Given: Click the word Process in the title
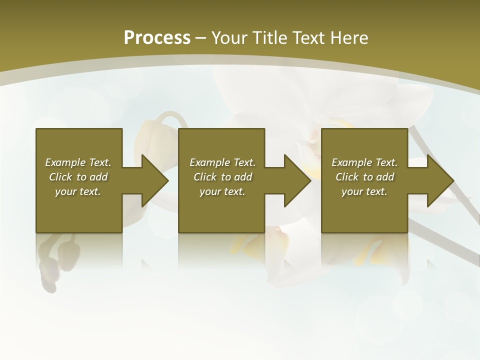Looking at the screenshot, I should (157, 38).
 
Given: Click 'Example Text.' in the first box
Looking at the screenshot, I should (78, 162).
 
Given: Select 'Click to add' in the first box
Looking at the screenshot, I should (78, 177).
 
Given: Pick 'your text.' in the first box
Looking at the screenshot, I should (78, 191).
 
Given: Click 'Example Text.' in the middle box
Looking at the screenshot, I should (222, 162).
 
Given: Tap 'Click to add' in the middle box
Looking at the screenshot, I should (222, 177).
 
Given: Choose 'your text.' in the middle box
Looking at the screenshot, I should (222, 191).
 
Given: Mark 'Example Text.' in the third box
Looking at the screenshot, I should (364, 162).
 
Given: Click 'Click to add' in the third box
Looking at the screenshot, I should (364, 177).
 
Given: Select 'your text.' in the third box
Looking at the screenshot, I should (364, 191).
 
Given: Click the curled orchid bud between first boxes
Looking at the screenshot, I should (150, 135).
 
